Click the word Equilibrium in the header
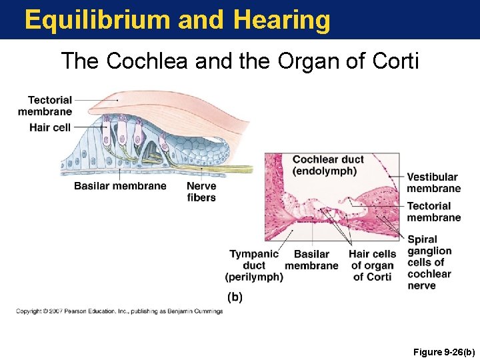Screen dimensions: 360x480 click(98, 20)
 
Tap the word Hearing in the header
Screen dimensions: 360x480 click(282, 20)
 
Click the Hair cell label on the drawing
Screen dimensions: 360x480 click(50, 127)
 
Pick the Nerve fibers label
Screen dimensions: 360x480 click(201, 191)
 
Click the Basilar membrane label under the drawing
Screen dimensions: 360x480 click(120, 186)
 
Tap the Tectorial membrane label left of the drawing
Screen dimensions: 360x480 click(45, 105)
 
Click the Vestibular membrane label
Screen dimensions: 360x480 click(433, 183)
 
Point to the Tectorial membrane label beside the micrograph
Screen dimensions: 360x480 click(433, 211)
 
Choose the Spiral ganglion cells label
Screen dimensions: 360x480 click(429, 263)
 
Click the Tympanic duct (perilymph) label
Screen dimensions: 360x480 click(254, 265)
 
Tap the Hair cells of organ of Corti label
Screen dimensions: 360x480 click(372, 265)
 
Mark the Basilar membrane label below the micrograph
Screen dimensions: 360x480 click(311, 260)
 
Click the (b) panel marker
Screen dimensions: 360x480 click(235, 297)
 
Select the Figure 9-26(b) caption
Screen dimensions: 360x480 click(443, 351)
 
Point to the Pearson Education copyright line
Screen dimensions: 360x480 click(120, 311)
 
